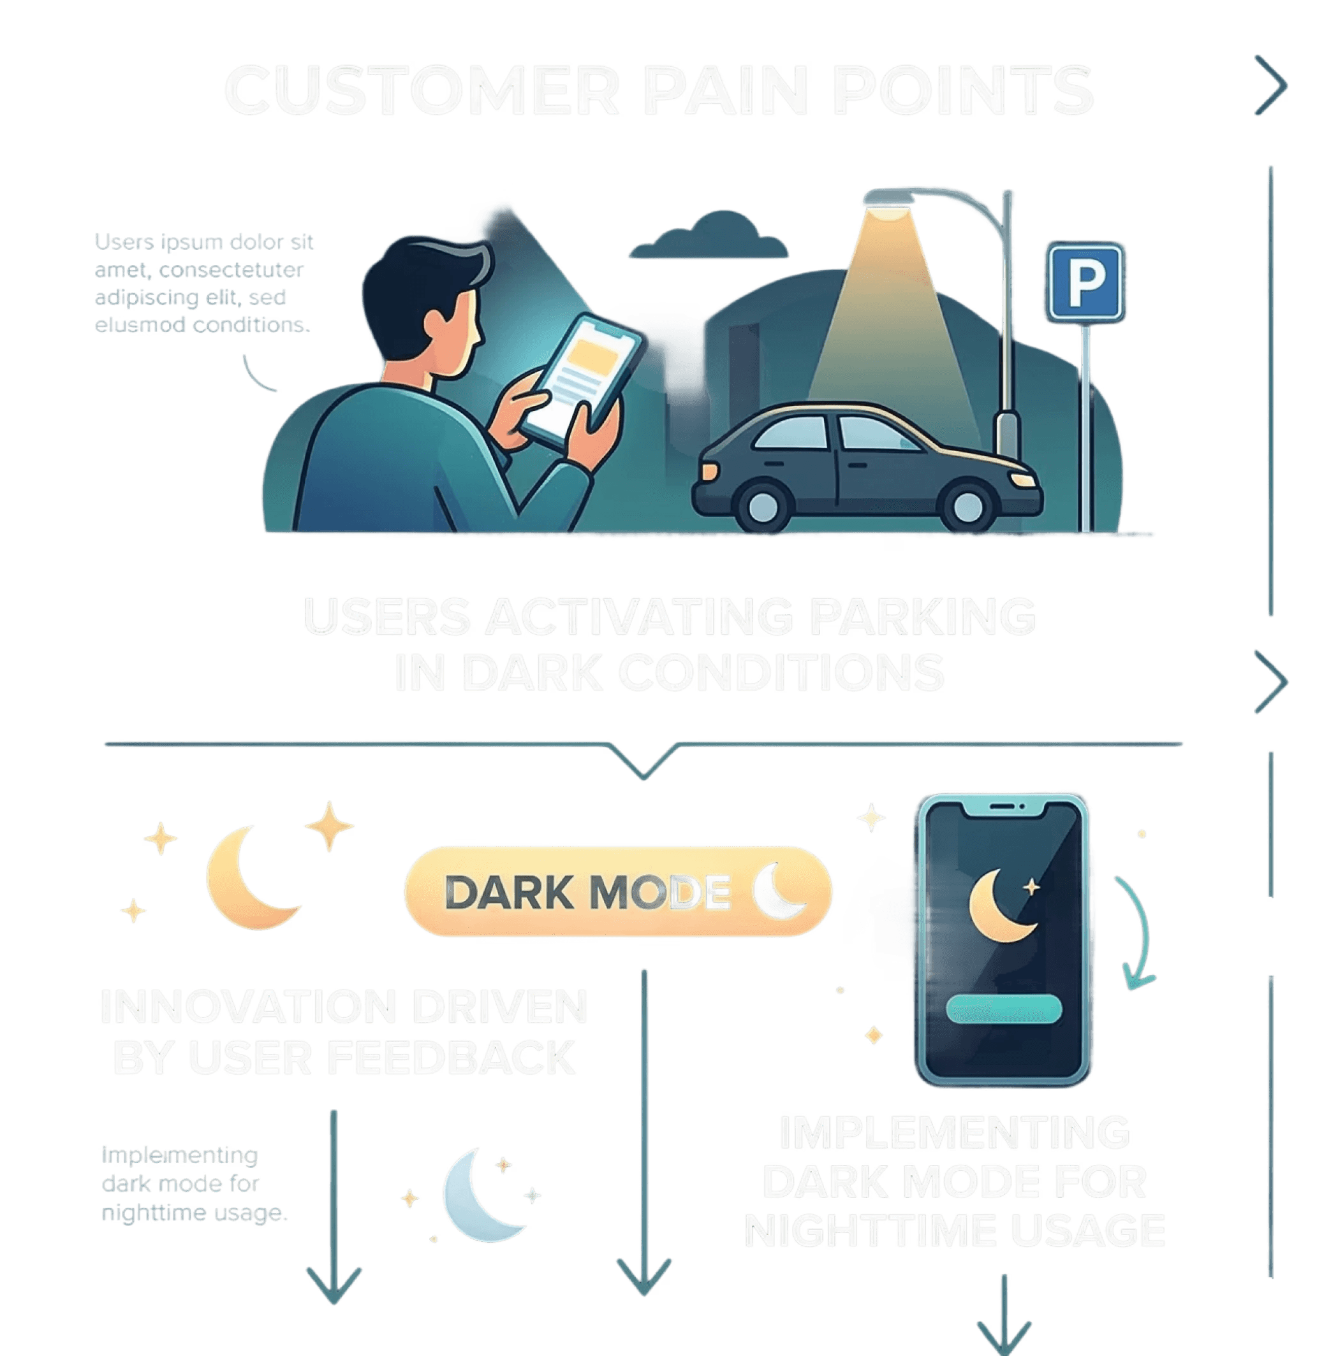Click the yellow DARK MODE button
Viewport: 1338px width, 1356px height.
click(618, 892)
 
